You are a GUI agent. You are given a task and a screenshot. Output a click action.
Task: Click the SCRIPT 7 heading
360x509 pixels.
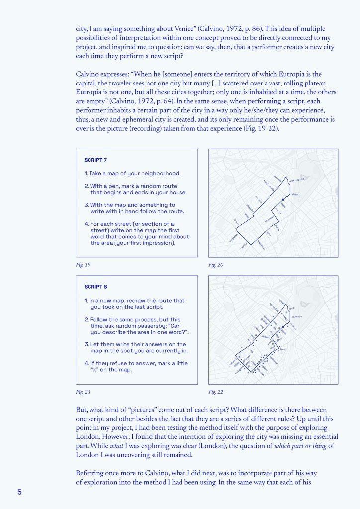tap(95, 160)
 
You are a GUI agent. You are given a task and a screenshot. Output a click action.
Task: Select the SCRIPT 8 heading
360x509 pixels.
tap(95, 287)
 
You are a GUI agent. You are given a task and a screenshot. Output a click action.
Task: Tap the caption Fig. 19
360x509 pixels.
tap(83, 265)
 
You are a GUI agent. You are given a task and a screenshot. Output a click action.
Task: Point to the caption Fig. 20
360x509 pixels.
tap(216, 265)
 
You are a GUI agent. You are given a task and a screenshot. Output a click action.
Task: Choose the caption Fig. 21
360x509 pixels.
tap(83, 392)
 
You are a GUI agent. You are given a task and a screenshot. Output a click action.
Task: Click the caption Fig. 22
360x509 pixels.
tap(216, 392)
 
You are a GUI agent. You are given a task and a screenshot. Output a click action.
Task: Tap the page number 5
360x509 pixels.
tap(20, 492)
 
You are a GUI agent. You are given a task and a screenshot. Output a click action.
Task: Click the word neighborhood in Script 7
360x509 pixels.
tap(158, 173)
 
